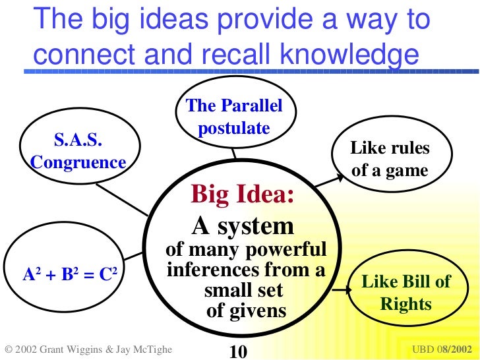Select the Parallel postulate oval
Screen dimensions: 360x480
pyautogui.click(x=234, y=117)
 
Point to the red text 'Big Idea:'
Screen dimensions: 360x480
pyautogui.click(x=242, y=195)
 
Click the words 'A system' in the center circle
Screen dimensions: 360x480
pyautogui.click(x=242, y=226)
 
